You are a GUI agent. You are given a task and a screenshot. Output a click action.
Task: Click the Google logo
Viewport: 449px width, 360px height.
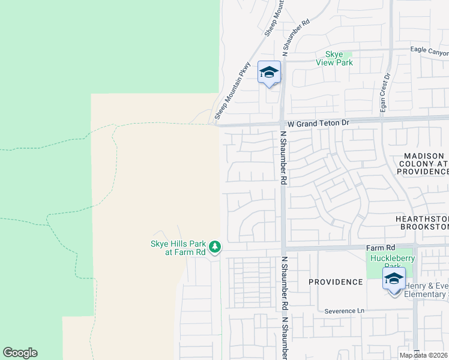click(20, 353)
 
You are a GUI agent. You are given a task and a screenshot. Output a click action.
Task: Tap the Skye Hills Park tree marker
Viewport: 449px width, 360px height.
click(215, 247)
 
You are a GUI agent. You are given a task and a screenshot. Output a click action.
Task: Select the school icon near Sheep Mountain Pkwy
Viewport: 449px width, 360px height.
click(269, 73)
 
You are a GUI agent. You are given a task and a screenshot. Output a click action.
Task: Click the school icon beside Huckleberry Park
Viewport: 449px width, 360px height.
click(394, 280)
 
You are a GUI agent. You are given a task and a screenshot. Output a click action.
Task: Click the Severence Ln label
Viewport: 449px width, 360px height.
click(345, 311)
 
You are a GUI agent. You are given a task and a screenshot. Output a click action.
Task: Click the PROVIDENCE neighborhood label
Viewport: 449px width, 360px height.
click(336, 281)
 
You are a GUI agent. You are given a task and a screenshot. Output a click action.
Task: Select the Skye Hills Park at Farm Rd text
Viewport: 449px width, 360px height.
click(178, 248)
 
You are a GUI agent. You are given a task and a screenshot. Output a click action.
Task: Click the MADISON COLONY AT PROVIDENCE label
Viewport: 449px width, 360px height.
click(422, 164)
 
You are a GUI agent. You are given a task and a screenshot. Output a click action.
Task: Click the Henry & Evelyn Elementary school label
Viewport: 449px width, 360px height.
click(425, 290)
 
